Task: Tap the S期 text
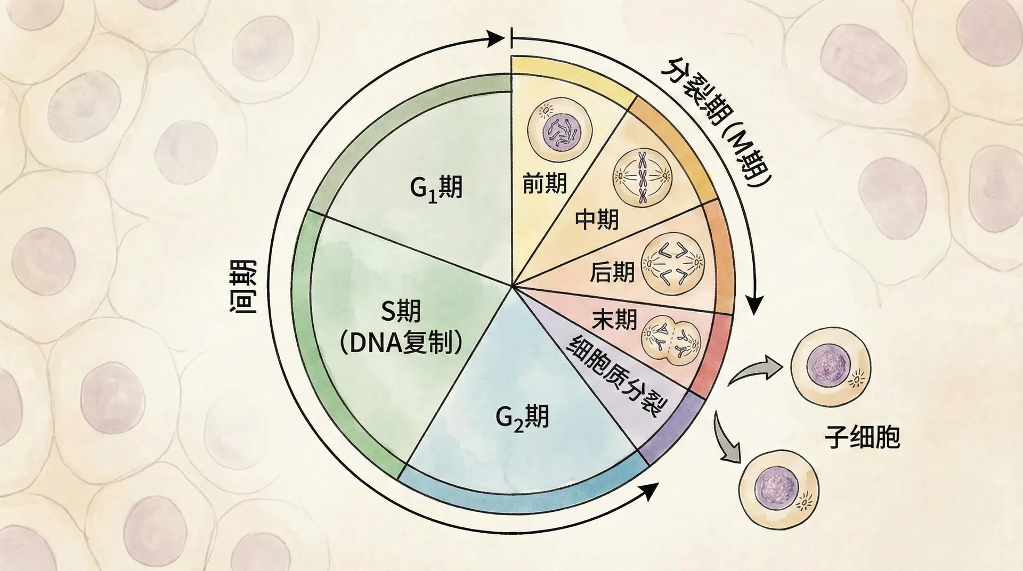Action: pyautogui.click(x=400, y=312)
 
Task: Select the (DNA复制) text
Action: pyautogui.click(x=400, y=344)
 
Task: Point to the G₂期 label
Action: pyautogui.click(x=522, y=417)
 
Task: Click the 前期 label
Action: pyautogui.click(x=544, y=184)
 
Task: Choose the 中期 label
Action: pyautogui.click(x=597, y=219)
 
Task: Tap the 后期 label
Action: pyautogui.click(x=612, y=272)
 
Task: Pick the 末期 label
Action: pyautogui.click(x=614, y=320)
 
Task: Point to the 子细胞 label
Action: pyautogui.click(x=862, y=437)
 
